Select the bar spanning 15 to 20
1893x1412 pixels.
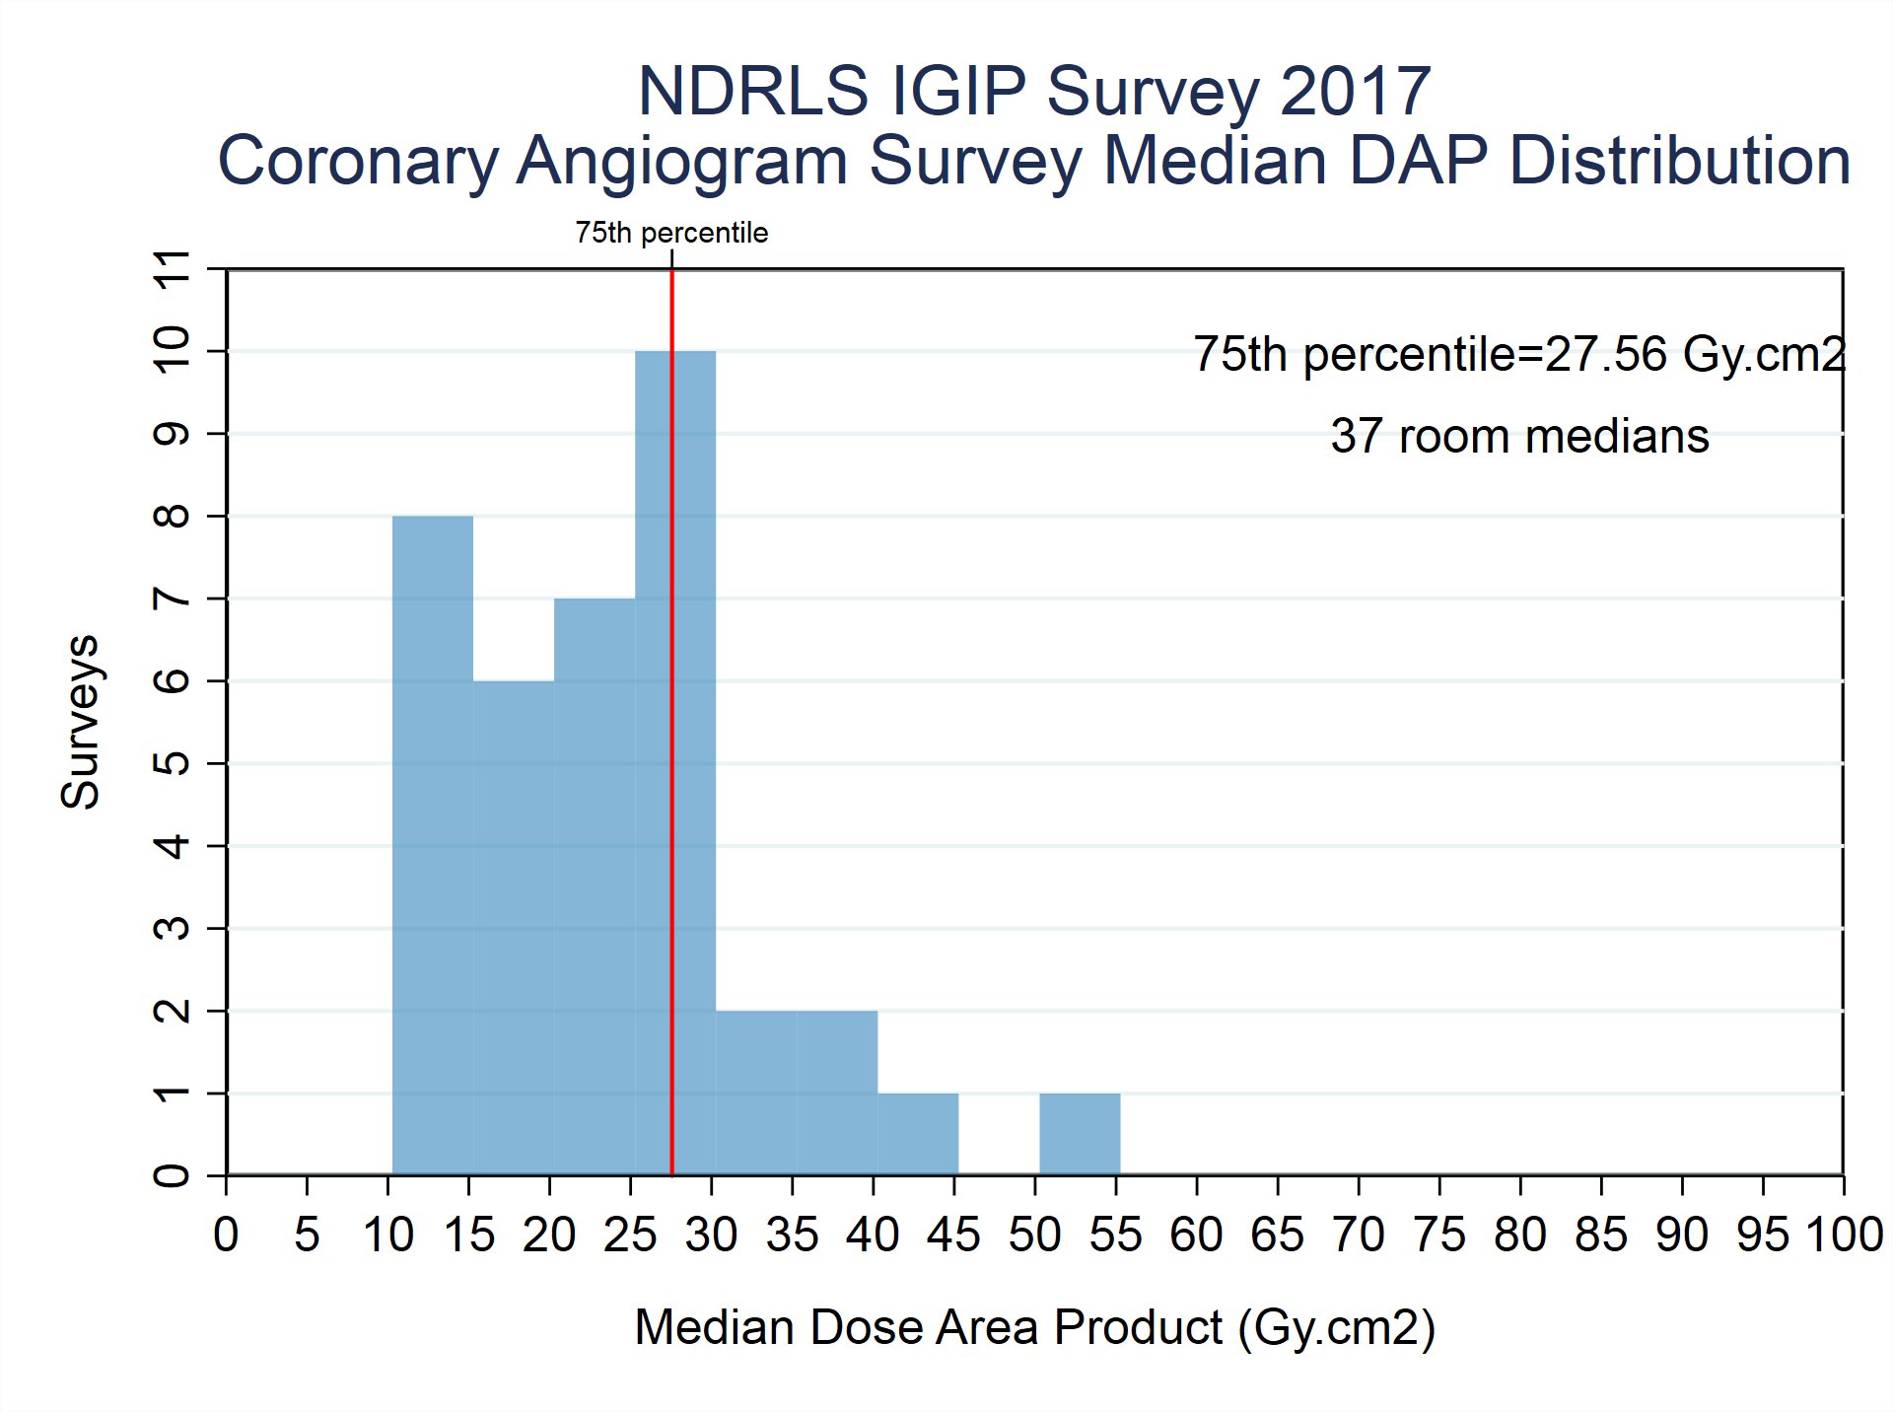513,927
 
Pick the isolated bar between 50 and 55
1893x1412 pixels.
1080,1134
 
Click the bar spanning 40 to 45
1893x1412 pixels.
918,1134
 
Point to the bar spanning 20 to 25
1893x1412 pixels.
594,886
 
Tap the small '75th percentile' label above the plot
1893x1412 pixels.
671,233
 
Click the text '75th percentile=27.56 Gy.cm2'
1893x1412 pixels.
1518,354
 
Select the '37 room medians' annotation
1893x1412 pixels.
1519,436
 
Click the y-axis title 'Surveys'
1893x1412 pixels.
80,722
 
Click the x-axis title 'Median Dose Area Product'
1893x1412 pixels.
927,1327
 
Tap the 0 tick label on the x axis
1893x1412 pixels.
227,1235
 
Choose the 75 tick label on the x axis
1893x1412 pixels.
1439,1235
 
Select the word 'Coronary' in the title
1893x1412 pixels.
358,161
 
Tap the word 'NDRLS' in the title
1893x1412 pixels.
753,92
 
